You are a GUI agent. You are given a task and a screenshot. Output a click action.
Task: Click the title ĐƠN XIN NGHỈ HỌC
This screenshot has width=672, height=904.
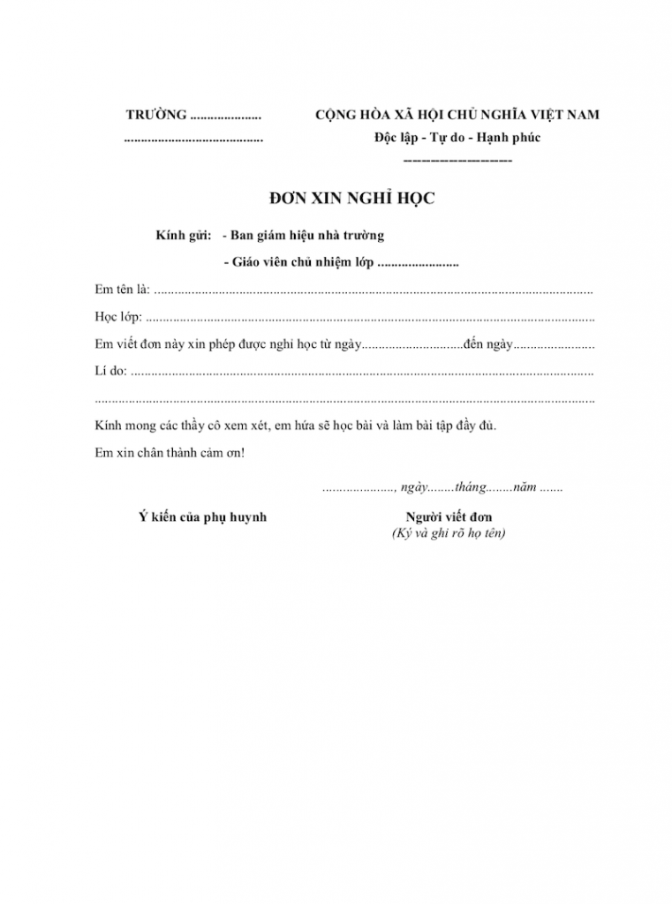click(x=351, y=200)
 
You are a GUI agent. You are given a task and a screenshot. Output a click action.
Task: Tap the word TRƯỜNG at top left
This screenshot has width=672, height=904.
click(x=156, y=115)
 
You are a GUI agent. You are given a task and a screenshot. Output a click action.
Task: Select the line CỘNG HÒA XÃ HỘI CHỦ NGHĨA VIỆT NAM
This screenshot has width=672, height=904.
click(x=457, y=115)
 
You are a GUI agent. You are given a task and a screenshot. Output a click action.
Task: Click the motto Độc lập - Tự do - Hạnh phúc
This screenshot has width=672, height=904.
click(x=457, y=138)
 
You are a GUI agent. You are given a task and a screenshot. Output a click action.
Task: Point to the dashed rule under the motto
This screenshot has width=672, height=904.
click(x=457, y=161)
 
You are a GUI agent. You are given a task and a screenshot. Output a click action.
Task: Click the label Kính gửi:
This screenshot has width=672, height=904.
click(x=183, y=236)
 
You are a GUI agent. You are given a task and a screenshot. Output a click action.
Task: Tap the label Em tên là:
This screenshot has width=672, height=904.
click(x=123, y=290)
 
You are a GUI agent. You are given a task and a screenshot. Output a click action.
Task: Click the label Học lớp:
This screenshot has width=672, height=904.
click(x=118, y=316)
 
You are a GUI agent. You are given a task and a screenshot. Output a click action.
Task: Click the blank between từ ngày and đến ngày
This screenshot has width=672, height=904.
click(x=412, y=343)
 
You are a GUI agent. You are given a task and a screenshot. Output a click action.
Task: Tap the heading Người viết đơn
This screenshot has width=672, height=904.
click(x=449, y=516)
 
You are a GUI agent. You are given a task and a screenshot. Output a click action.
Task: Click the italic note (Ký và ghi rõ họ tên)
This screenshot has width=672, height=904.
click(x=449, y=533)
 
